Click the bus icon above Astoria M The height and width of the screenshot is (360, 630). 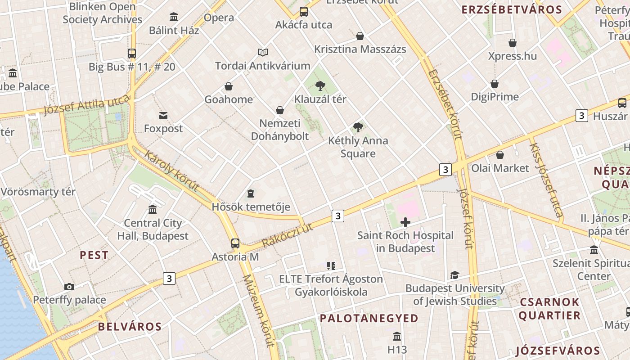[x=235, y=243]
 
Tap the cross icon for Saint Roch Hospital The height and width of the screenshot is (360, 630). [x=405, y=222]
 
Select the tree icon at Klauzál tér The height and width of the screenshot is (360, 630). [x=320, y=85]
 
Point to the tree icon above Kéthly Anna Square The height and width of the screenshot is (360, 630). [x=358, y=127]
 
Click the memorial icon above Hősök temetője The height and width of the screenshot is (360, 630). [x=251, y=193]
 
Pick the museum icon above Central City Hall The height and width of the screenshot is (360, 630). [x=153, y=210]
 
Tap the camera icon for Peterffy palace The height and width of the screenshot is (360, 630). [x=69, y=287]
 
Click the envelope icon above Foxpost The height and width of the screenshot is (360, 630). [x=163, y=116]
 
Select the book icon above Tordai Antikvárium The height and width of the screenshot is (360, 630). [x=263, y=53]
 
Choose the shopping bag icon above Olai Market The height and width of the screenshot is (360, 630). [x=499, y=155]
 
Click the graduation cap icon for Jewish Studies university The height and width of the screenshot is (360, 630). [x=454, y=275]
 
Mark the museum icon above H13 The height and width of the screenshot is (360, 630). [x=397, y=336]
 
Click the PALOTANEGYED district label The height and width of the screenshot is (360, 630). [x=369, y=319]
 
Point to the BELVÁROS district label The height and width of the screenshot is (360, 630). [x=130, y=327]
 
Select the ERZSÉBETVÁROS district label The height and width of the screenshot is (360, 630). [x=512, y=10]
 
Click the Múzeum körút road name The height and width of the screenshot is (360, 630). [x=258, y=310]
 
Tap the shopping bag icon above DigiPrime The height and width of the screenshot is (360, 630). [x=495, y=84]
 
